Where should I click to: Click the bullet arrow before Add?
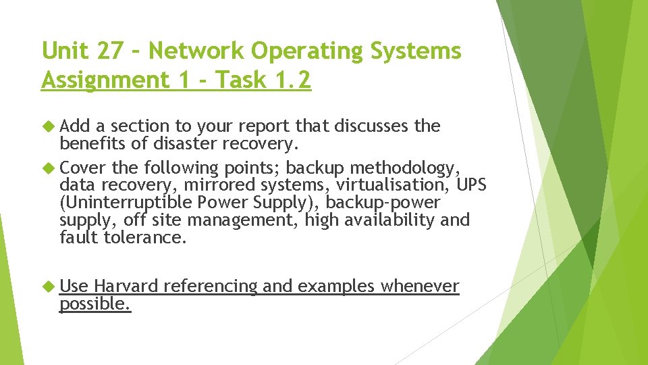[48, 126]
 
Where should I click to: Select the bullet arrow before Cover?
[48, 168]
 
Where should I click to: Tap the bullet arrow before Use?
[48, 287]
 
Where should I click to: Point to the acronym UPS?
[472, 185]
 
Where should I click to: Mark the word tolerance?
[144, 237]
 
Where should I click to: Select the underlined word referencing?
[211, 287]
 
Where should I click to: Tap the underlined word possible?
[94, 304]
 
